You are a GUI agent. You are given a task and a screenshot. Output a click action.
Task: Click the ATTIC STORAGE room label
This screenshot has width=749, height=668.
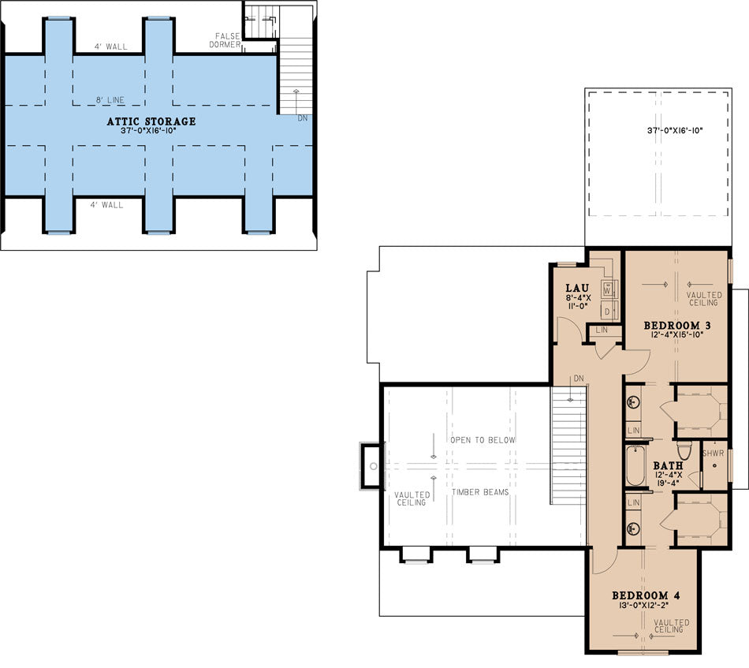(x=151, y=121)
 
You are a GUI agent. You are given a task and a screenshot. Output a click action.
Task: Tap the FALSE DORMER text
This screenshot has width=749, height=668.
(x=225, y=40)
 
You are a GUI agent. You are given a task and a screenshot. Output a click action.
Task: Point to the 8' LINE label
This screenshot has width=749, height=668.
(x=110, y=100)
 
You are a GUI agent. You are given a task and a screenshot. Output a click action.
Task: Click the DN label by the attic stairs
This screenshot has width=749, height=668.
(x=303, y=118)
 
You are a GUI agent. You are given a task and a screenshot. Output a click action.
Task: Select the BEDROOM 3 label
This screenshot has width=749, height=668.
(x=677, y=326)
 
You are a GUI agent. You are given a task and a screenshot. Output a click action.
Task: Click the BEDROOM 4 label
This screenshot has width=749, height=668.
(x=646, y=595)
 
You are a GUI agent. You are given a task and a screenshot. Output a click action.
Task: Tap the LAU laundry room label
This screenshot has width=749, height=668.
(x=577, y=288)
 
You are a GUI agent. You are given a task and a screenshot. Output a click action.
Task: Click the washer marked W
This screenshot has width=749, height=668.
(x=607, y=289)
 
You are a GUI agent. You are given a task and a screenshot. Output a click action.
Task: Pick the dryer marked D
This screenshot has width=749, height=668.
(x=608, y=311)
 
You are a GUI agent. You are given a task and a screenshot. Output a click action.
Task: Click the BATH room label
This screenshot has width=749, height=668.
(x=668, y=465)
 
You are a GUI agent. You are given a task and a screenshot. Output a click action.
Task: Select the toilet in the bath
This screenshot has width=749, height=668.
(x=684, y=450)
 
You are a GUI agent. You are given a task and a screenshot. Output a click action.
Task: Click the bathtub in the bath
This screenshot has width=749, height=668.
(x=635, y=465)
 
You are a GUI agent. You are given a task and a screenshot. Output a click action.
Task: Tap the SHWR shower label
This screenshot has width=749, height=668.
(x=714, y=453)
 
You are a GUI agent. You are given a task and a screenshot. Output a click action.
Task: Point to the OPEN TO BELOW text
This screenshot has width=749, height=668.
(x=483, y=439)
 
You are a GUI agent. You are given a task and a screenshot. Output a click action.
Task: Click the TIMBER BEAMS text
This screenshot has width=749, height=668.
(x=480, y=491)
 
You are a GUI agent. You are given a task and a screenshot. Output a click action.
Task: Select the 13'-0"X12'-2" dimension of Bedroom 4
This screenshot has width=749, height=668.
(x=642, y=605)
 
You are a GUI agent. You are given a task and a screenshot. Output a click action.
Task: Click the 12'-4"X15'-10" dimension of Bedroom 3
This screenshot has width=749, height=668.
(x=677, y=334)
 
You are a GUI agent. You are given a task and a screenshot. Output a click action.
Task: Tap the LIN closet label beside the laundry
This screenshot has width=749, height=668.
(x=602, y=330)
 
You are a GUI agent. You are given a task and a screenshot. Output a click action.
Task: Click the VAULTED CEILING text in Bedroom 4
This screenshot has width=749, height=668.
(x=671, y=626)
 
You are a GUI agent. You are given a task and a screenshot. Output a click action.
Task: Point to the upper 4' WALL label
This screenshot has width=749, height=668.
(x=110, y=47)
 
